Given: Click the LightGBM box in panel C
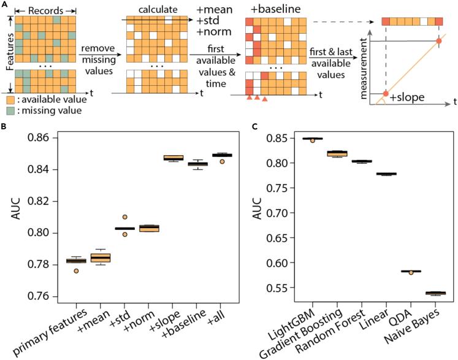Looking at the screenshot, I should (313, 139).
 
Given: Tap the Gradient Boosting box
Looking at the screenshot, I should (337, 153).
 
